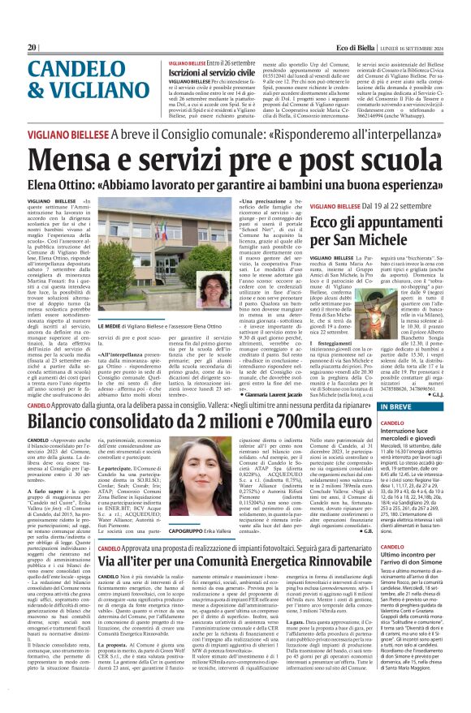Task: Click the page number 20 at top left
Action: coord(32,48)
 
